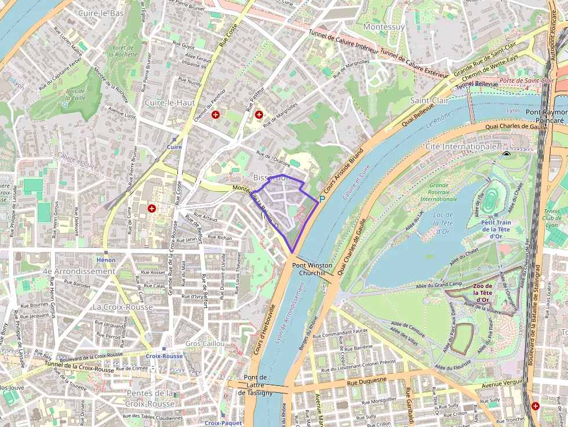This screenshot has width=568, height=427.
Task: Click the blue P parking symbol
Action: pyautogui.click(x=322, y=199)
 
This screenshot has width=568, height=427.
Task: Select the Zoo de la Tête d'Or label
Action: pyautogui.click(x=482, y=293)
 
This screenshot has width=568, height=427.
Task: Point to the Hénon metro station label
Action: pyautogui.click(x=106, y=260)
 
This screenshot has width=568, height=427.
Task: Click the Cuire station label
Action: pyautogui.click(x=174, y=147)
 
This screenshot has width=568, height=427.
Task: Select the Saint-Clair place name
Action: pyautogui.click(x=429, y=100)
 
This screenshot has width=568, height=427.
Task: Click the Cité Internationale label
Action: pyautogui.click(x=462, y=147)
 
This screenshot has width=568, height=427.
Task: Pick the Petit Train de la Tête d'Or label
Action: pyautogui.click(x=495, y=228)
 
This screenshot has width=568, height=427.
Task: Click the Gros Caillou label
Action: pyautogui.click(x=205, y=344)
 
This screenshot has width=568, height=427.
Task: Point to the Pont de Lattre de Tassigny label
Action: pyautogui.click(x=254, y=385)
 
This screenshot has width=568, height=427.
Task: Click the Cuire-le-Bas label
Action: pyautogui.click(x=101, y=13)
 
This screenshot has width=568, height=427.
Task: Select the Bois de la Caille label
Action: pyautogui.click(x=75, y=95)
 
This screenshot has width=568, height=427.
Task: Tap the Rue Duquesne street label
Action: pyautogui.click(x=366, y=382)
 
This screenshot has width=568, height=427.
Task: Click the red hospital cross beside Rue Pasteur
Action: pyautogui.click(x=258, y=115)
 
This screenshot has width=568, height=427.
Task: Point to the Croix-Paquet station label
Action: pyautogui.click(x=223, y=423)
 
